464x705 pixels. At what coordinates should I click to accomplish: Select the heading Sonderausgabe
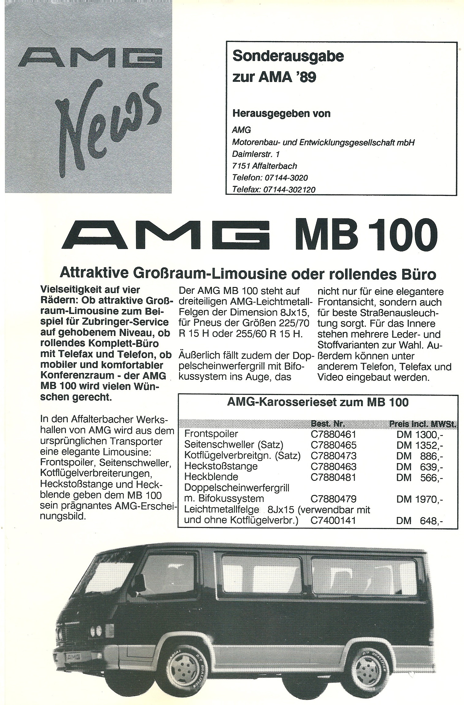(x=288, y=57)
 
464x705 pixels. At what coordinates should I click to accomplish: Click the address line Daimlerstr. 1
(x=256, y=154)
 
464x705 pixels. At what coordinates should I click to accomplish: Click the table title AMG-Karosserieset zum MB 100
(x=318, y=402)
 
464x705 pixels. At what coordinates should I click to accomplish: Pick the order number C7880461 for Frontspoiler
(x=333, y=434)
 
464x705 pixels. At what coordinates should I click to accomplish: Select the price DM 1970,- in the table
(x=420, y=500)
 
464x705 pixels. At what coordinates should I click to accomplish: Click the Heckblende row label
(x=211, y=477)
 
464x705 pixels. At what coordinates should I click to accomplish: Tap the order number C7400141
(x=333, y=520)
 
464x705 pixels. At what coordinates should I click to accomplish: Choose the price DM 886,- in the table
(x=420, y=456)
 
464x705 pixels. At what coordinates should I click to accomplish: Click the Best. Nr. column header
(x=328, y=424)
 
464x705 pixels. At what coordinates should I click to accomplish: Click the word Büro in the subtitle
(x=421, y=274)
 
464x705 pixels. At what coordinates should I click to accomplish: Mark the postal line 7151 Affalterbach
(x=265, y=166)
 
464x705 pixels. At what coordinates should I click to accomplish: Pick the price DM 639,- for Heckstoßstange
(x=420, y=466)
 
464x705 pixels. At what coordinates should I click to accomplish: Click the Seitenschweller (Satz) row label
(x=234, y=445)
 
